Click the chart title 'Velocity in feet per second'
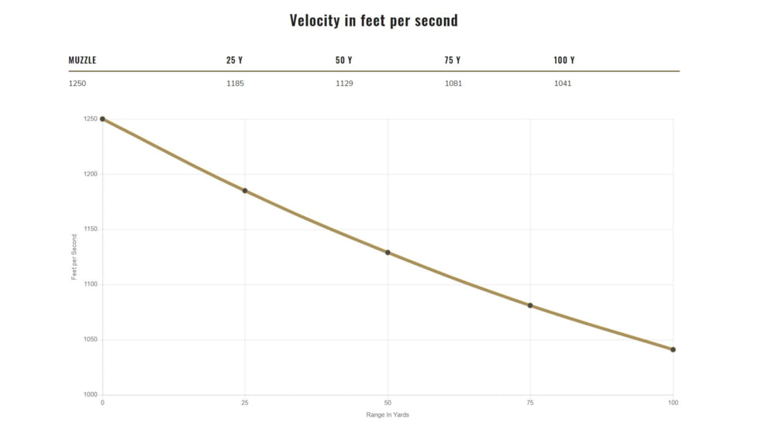[374, 21]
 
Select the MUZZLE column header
[82, 60]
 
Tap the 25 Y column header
[234, 60]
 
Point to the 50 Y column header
[343, 60]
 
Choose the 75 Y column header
[453, 60]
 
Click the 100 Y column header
[564, 60]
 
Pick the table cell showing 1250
[78, 84]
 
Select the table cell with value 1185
[235, 84]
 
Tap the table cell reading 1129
[344, 84]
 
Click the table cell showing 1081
[453, 84]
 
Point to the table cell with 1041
[563, 84]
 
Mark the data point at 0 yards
[102, 119]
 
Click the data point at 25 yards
[245, 191]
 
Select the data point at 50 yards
[388, 253]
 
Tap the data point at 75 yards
[530, 305]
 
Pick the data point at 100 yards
[673, 349]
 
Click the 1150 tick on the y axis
[91, 229]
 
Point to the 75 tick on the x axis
[530, 403]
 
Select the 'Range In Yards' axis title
[388, 415]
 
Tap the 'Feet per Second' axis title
[75, 256]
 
